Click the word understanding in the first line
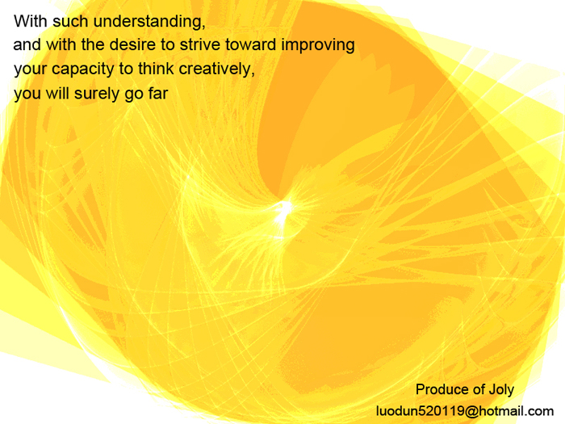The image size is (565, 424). [x=149, y=22]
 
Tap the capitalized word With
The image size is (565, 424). [x=31, y=21]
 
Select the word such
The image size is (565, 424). [x=70, y=21]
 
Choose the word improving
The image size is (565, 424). [x=318, y=46]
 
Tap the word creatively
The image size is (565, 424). [x=217, y=69]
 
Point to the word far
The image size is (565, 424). [x=158, y=93]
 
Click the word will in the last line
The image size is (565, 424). [x=57, y=93]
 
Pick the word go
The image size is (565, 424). [x=134, y=95]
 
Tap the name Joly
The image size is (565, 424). [x=501, y=390]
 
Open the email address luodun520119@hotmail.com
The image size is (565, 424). [x=465, y=411]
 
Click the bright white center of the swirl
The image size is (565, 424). [x=285, y=209]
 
